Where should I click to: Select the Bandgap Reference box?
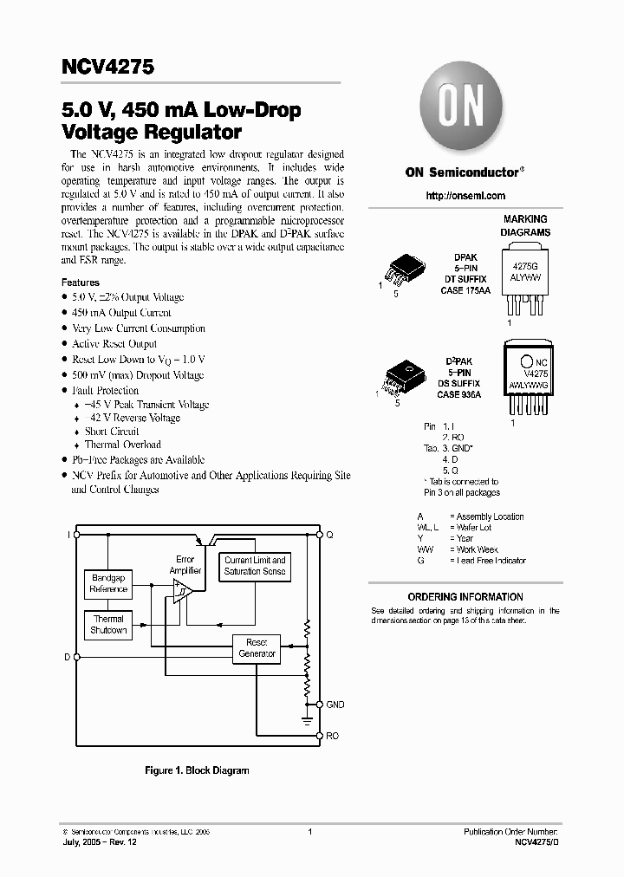(x=109, y=583)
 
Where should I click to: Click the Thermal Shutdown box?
(x=109, y=625)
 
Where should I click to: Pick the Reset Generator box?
(x=257, y=647)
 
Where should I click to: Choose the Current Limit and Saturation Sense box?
(x=255, y=566)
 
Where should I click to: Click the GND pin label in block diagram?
(x=335, y=705)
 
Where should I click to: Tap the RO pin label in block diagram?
(x=333, y=736)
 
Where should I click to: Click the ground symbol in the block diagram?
(x=306, y=718)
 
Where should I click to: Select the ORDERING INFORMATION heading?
(x=465, y=597)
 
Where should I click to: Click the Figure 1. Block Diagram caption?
(x=196, y=770)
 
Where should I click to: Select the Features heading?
(x=80, y=283)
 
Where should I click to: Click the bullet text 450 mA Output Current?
(x=121, y=313)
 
